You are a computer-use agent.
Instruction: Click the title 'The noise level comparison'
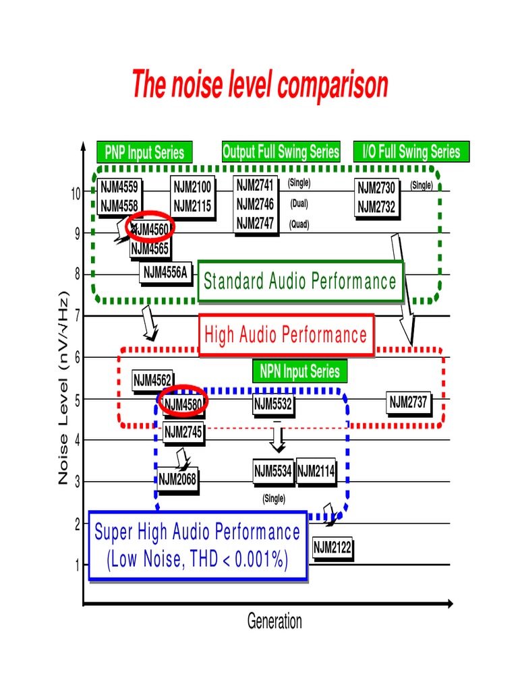point(260,86)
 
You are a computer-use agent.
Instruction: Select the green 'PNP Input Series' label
point(144,152)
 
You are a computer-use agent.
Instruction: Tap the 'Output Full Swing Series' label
point(281,152)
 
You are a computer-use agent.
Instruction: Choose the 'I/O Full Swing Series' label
point(411,152)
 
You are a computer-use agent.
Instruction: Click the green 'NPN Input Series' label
point(299,371)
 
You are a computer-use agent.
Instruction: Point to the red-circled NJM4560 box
point(151,229)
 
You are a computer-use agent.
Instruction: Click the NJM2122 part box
point(333,547)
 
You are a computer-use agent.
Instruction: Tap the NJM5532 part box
point(272,404)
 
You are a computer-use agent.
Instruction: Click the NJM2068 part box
point(177,480)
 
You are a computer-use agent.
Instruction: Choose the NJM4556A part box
point(165,273)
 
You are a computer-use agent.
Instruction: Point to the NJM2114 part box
point(316,472)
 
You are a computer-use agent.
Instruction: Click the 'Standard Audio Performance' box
point(300,281)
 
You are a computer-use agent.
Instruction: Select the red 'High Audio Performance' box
point(286,335)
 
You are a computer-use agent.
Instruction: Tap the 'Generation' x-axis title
point(275,621)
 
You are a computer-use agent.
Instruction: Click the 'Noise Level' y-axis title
point(64,387)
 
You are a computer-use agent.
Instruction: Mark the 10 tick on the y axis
point(75,193)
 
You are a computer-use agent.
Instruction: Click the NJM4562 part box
point(152,380)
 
